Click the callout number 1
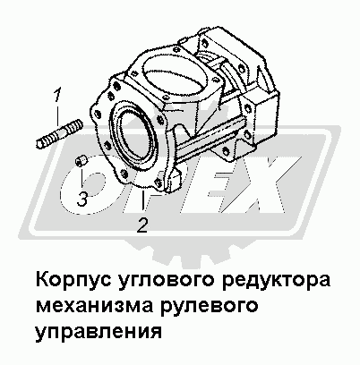click(x=56, y=95)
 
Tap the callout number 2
click(x=142, y=225)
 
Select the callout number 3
click(x=82, y=199)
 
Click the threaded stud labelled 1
click(x=59, y=133)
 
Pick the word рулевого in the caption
click(x=209, y=307)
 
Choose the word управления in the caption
click(x=99, y=333)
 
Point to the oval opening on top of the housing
click(x=176, y=72)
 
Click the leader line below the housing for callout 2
click(x=143, y=201)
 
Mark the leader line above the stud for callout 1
click(x=57, y=115)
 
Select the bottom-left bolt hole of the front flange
click(x=123, y=173)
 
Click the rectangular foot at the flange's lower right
click(x=173, y=180)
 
